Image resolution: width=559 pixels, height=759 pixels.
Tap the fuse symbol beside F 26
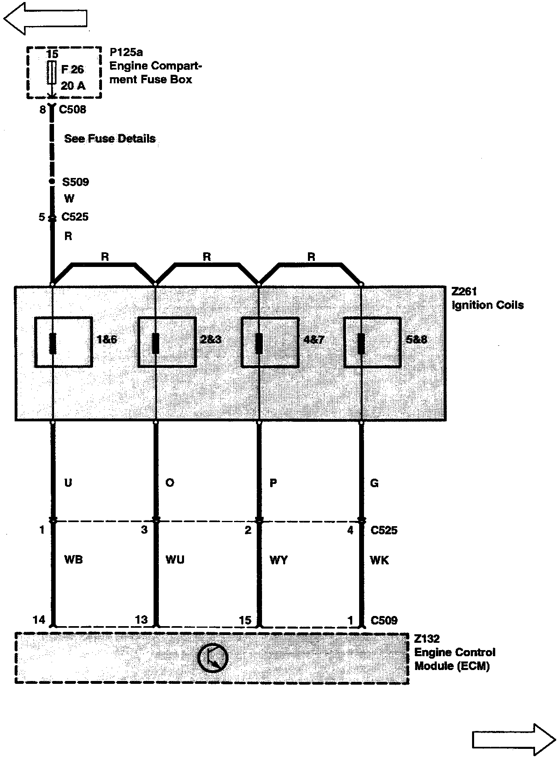(52, 72)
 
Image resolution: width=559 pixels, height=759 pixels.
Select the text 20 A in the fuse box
(73, 86)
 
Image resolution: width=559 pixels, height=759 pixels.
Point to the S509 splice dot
(52, 182)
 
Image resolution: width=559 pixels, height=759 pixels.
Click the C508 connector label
(72, 109)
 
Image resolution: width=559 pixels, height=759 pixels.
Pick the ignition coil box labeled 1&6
(63, 342)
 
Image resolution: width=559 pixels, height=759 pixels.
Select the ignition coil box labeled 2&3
(167, 342)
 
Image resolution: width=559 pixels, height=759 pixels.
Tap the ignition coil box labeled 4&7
(270, 342)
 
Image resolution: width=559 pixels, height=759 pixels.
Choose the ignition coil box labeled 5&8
(373, 342)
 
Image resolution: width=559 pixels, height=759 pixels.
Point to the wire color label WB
(74, 559)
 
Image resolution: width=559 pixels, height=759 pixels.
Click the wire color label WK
(379, 560)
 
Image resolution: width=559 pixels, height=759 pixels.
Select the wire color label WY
(279, 560)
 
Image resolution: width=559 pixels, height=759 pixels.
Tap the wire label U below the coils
(68, 483)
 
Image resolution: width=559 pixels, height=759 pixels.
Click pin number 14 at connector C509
(39, 620)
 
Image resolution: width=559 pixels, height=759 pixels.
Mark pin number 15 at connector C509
(245, 620)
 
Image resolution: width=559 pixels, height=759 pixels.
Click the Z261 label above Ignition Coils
(464, 291)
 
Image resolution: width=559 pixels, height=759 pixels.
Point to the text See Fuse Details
(110, 139)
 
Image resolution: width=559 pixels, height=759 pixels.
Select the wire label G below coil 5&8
(374, 483)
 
